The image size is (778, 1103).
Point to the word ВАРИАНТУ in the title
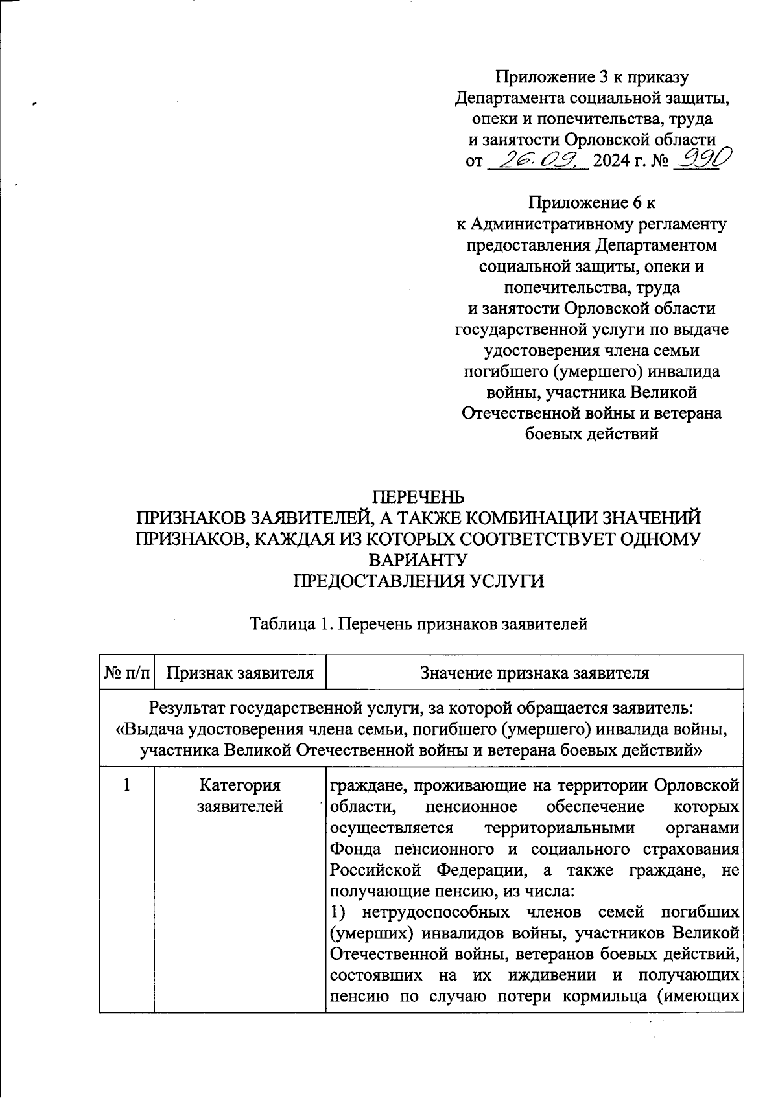418,559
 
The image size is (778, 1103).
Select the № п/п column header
127,673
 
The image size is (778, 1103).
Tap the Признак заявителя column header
240,673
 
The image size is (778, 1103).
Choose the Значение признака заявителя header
535,673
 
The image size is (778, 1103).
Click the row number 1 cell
127,785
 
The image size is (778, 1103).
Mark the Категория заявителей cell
240,796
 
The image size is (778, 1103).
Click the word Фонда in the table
354,849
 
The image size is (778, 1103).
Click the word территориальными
565,828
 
